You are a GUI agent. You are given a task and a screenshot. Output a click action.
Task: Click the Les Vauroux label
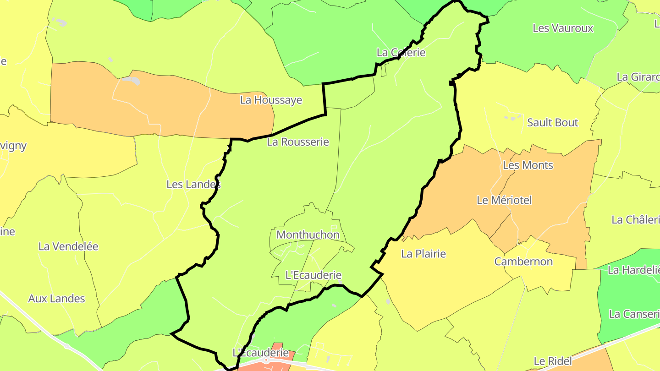coord(563,28)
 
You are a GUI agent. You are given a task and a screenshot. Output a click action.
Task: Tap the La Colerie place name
coord(401,52)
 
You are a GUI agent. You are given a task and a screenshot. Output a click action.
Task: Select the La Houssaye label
coord(271,100)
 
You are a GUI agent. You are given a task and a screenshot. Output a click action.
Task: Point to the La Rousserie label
coord(298,142)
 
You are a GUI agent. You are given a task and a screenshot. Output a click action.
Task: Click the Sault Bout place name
coord(553,122)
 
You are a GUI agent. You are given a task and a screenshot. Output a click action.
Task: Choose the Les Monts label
coord(528,165)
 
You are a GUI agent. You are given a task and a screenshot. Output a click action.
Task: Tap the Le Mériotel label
coord(504,200)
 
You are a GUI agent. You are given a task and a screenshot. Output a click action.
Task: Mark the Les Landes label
coord(193,184)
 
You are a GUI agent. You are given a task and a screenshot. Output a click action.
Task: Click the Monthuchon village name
coord(308,235)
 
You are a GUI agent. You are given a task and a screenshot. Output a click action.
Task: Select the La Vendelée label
coord(68,246)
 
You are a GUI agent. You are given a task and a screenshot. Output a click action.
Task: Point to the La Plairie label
coord(423,253)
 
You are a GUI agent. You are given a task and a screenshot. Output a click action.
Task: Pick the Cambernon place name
coord(523,262)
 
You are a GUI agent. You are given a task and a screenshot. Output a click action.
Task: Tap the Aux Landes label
coord(57,298)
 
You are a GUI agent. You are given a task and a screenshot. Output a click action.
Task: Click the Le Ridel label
coord(553,361)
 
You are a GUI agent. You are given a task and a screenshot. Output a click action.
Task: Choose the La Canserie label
coord(634,314)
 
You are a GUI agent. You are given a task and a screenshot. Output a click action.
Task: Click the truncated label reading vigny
coord(13,146)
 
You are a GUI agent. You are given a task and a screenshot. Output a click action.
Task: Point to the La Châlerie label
coord(635,219)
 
